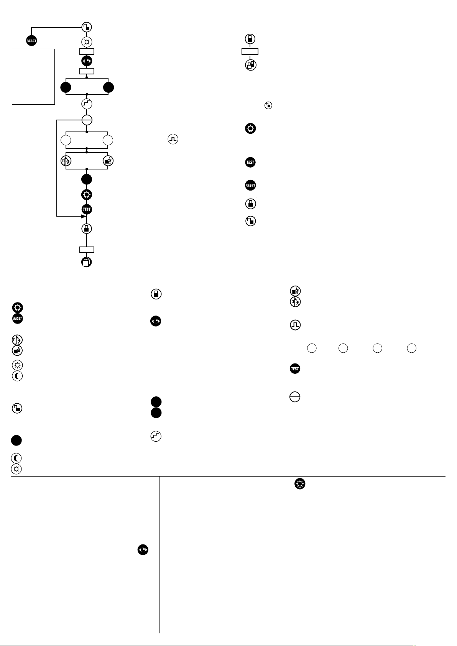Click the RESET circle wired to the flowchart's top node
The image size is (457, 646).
[31, 41]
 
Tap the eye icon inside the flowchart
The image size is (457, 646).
[87, 61]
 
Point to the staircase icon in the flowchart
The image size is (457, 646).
[87, 104]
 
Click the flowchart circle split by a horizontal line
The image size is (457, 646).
[87, 120]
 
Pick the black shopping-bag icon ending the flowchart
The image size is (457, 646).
[87, 262]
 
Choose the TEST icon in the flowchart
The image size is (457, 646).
[87, 209]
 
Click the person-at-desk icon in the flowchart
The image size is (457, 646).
[108, 161]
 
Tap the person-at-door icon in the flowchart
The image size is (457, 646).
[66, 161]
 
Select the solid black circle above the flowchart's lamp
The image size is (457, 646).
[87, 179]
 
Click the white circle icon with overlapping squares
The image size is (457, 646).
[251, 65]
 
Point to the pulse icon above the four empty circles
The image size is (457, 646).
[295, 325]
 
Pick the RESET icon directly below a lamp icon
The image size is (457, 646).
[18, 318]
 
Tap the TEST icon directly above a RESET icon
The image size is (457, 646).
[250, 163]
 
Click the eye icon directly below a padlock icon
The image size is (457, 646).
[156, 321]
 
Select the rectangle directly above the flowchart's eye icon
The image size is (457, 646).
[87, 52]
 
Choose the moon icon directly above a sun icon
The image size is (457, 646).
[16, 458]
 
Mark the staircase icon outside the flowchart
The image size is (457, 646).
[156, 436]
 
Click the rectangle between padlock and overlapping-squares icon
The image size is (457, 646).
[250, 51]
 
